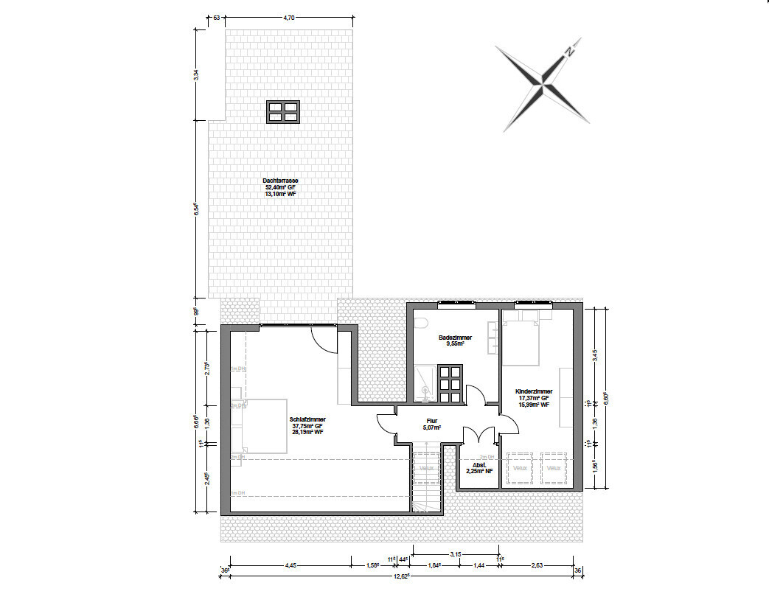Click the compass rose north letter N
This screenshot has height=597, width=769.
click(569, 52)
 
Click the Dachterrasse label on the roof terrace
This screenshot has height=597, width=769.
click(280, 181)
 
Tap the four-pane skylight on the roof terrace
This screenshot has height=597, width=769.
click(282, 111)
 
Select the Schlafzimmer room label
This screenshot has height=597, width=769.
click(308, 419)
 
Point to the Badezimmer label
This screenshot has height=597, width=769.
click(455, 338)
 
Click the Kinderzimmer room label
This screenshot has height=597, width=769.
click(535, 392)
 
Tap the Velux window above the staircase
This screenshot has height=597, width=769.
click(426, 468)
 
